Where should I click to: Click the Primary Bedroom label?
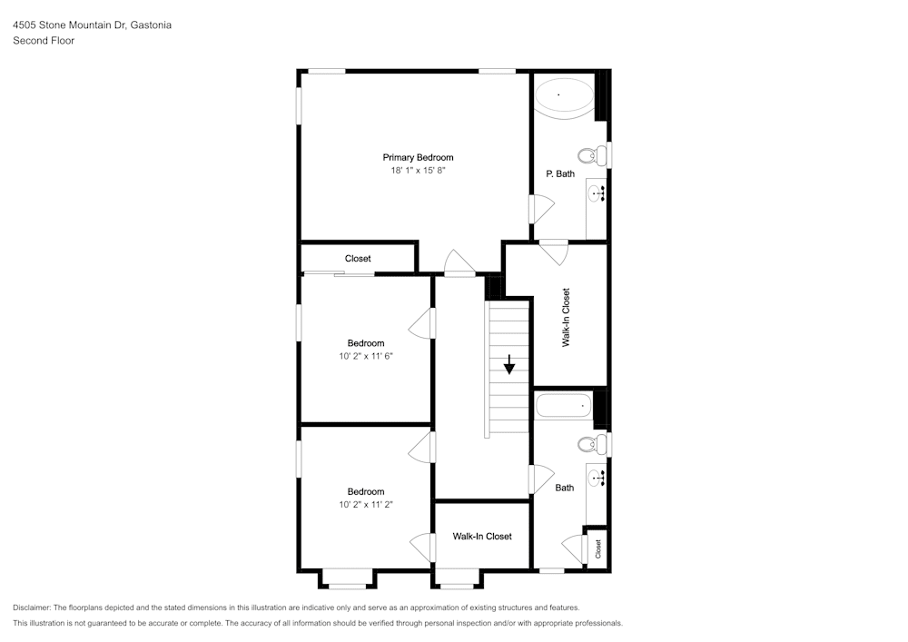[x=418, y=157]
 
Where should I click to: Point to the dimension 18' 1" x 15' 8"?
[x=418, y=170]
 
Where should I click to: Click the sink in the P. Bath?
[x=597, y=193]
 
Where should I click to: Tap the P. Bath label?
[x=560, y=173]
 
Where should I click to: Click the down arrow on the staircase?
[x=509, y=364]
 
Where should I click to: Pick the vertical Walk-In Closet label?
[x=567, y=317]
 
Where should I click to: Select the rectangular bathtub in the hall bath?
[x=563, y=405]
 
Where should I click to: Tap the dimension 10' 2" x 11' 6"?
[x=366, y=356]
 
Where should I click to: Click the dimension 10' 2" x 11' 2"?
[x=366, y=504]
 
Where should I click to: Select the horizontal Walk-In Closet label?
[x=482, y=536]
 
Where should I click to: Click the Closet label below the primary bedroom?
[x=358, y=259]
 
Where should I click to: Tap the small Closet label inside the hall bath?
[x=598, y=548]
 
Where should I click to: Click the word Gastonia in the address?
[x=150, y=25]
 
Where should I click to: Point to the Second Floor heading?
[x=44, y=41]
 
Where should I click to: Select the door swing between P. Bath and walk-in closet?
[x=553, y=251]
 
